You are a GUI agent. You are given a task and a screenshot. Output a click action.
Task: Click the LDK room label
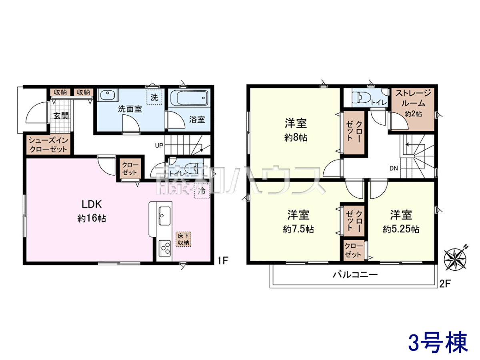pyautogui.click(x=92, y=204)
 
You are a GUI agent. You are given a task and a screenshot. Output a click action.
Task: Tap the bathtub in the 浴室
pyautogui.click(x=189, y=98)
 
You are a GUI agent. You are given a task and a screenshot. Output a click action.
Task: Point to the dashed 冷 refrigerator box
pyautogui.click(x=202, y=191)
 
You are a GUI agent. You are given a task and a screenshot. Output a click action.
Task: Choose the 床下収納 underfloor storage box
pyautogui.click(x=184, y=239)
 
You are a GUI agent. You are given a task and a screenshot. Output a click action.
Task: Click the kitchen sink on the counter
pyautogui.click(x=164, y=216)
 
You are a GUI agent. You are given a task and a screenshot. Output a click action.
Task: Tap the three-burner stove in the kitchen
pyautogui.click(x=165, y=248)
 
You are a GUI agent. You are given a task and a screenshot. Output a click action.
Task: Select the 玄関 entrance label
pyautogui.click(x=61, y=116)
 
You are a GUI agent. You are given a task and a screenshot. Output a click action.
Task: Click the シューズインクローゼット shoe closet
pyautogui.click(x=48, y=145)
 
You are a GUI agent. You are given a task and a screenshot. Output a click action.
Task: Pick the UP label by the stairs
pyautogui.click(x=159, y=145)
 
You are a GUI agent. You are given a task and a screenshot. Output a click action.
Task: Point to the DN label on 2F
pyautogui.click(x=394, y=168)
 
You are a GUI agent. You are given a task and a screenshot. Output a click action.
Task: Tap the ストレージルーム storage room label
pyautogui.click(x=413, y=98)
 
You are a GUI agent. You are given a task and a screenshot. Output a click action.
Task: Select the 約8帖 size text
pyautogui.click(x=296, y=138)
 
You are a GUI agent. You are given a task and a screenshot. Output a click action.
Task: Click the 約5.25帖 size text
pyautogui.click(x=401, y=229)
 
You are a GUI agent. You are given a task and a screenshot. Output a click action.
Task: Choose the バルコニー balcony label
pyautogui.click(x=355, y=274)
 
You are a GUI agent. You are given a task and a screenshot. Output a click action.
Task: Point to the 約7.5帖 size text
pyautogui.click(x=298, y=229)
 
